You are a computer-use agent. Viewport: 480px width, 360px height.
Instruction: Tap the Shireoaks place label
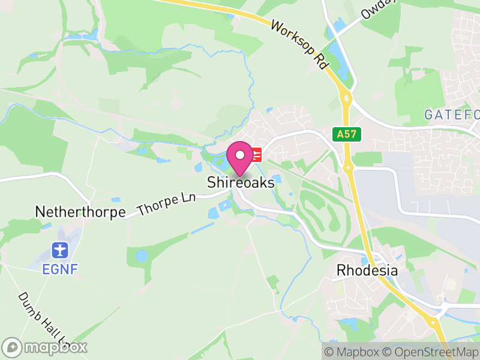pos(241,182)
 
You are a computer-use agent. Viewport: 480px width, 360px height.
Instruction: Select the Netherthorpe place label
pos(80,212)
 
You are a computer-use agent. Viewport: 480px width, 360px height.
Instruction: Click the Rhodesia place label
pos(367,270)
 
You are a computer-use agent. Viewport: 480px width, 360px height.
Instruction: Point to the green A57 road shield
pos(348,135)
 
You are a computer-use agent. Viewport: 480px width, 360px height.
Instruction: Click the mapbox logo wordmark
pos(45,347)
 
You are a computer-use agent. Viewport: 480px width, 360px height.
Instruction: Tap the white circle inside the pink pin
pos(240,154)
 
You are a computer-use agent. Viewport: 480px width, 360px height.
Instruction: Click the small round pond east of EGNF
pos(142,256)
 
